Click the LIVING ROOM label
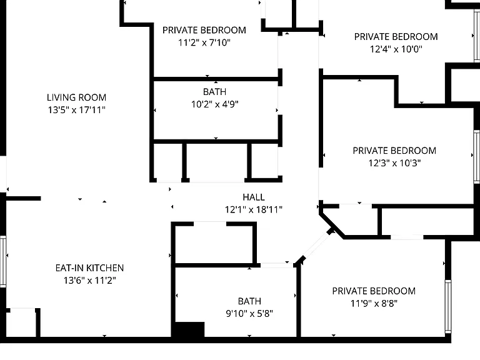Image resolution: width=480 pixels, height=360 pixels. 76,97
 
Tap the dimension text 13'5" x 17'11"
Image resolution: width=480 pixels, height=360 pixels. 76,109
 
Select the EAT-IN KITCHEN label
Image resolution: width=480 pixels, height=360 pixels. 90,268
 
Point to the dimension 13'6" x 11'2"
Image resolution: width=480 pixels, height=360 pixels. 90,280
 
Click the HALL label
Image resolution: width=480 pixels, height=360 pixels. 254,197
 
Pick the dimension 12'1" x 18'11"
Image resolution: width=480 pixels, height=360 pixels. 254,209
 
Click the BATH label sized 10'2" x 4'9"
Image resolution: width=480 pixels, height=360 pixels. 215,92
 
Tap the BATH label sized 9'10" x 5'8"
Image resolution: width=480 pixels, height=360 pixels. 249,301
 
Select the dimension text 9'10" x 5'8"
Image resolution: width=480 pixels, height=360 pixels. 249,314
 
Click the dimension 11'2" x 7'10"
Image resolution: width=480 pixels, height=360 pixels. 204,42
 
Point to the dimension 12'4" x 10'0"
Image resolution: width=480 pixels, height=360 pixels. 396,49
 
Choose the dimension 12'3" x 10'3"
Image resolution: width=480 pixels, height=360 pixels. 394,163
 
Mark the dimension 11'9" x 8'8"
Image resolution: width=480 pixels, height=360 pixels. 374,303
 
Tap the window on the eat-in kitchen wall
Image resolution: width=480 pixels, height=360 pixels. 3,261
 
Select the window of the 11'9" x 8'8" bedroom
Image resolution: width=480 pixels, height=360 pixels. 448,306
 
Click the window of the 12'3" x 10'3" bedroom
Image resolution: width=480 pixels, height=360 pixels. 477,157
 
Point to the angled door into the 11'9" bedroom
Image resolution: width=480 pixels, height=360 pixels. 317,245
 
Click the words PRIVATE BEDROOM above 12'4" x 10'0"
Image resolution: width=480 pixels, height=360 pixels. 396,37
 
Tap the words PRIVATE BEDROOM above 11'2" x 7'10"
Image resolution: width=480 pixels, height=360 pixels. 204,30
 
